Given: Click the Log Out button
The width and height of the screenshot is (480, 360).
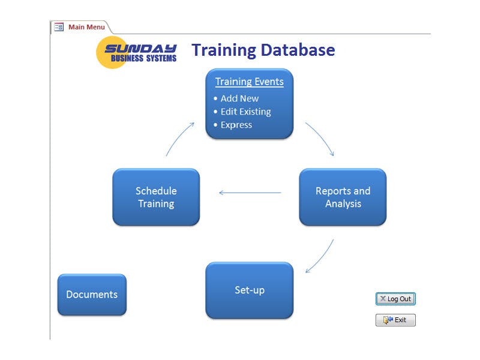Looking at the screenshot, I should tap(395, 299).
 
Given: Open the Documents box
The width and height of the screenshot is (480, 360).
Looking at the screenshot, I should tap(92, 295).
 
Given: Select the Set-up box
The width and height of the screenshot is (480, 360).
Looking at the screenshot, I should tap(250, 290).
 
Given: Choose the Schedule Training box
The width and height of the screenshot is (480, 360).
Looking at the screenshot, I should tap(156, 197).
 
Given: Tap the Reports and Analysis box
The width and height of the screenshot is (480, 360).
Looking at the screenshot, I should tap(343, 197).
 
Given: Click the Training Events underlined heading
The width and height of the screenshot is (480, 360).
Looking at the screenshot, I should tap(250, 82).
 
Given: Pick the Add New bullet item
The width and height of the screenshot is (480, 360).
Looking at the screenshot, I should tap(239, 98).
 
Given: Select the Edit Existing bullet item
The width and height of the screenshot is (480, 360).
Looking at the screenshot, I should tap(245, 112).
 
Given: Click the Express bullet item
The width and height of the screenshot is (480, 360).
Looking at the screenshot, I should tap(236, 125).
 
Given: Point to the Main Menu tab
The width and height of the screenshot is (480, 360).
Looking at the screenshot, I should tap(86, 27).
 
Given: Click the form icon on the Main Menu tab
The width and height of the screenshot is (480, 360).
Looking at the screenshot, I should tap(59, 27).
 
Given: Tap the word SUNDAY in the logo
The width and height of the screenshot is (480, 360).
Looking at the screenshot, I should tap(140, 48).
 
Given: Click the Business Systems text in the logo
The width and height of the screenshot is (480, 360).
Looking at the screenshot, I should tap(144, 58).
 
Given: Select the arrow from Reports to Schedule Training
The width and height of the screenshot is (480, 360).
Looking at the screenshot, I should tap(250, 193).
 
